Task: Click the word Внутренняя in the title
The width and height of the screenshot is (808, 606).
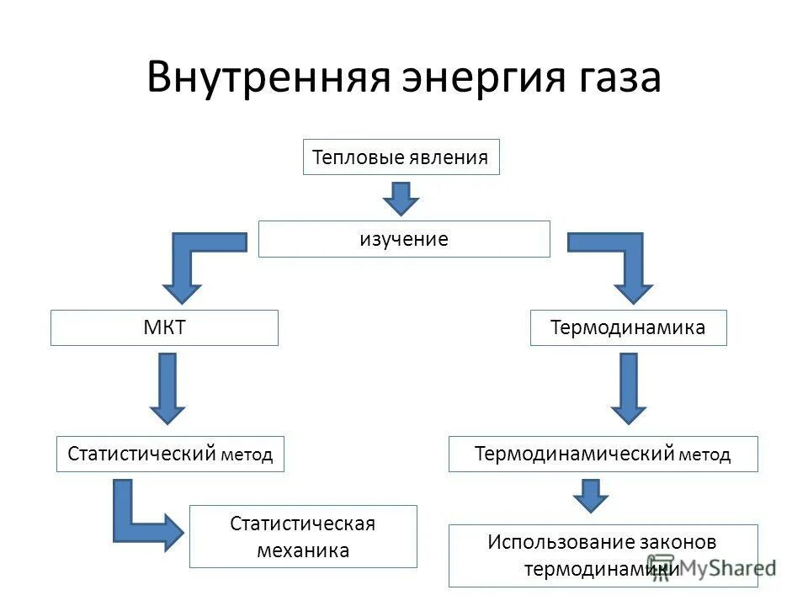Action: coord(268,78)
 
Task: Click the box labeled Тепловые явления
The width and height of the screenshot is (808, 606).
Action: coord(401,157)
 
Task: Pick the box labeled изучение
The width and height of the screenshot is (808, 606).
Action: coord(404,239)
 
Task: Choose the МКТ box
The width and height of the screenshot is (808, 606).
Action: coord(164,327)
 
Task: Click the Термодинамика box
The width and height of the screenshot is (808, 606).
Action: coord(628,327)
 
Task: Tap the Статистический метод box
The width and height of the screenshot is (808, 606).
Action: coord(170,454)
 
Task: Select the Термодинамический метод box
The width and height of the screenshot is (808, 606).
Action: coord(603,454)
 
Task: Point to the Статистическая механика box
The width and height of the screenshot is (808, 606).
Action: coord(303,536)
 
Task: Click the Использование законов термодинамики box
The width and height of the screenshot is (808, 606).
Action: coord(603,555)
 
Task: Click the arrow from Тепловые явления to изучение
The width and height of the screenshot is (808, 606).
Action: coord(401,198)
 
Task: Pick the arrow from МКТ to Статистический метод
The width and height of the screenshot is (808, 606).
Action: coord(167,387)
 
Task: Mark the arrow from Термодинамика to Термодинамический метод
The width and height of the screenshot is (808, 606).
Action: coord(628,387)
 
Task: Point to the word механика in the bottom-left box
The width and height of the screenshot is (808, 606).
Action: coord(303,551)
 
